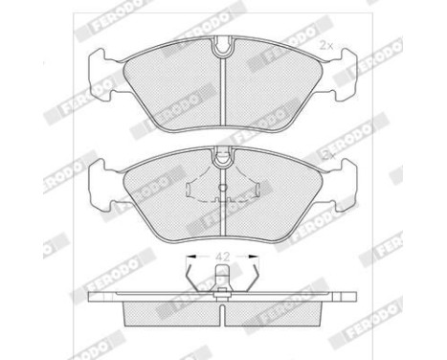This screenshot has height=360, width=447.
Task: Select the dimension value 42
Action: tap(223, 256)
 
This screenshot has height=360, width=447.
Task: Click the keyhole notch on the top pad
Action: tap(223, 44)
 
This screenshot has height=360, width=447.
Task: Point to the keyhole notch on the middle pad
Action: tap(223, 150)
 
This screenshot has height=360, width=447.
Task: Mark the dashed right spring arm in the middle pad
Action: tap(249, 188)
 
